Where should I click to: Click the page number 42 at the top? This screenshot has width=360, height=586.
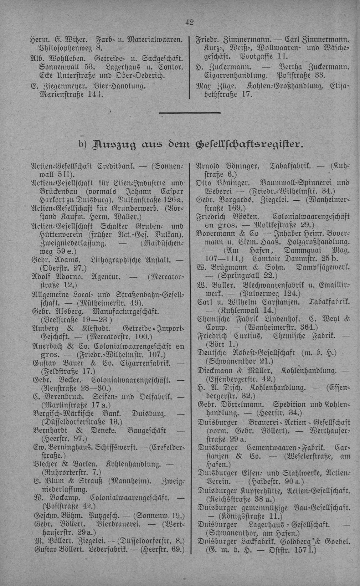pos(189,22)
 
